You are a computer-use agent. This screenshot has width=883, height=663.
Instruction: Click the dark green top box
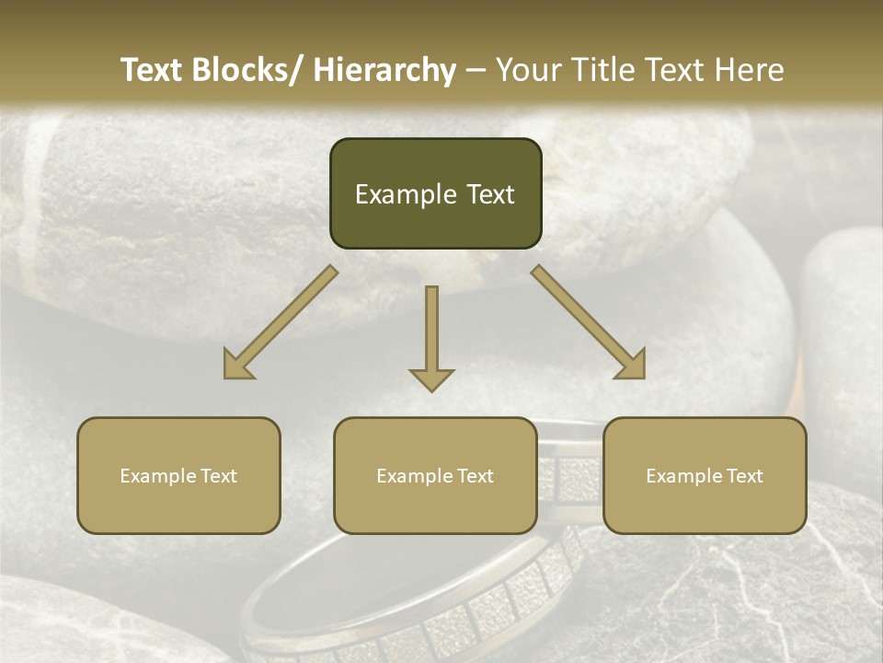point(435,193)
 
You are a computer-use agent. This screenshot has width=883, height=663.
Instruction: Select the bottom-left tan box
point(178,475)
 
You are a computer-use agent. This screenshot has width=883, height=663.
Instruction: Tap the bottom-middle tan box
point(435,475)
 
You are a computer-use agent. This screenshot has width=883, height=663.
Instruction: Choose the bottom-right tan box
point(705,475)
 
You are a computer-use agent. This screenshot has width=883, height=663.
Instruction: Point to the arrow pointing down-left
point(281,322)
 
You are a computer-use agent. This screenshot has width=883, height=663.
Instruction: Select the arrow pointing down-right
point(589,322)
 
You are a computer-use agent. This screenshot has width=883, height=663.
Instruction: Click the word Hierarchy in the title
point(384,70)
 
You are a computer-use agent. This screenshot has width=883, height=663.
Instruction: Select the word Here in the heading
point(752,70)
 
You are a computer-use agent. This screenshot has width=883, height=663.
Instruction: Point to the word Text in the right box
point(744,476)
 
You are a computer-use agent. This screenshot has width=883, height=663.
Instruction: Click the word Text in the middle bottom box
point(475,476)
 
